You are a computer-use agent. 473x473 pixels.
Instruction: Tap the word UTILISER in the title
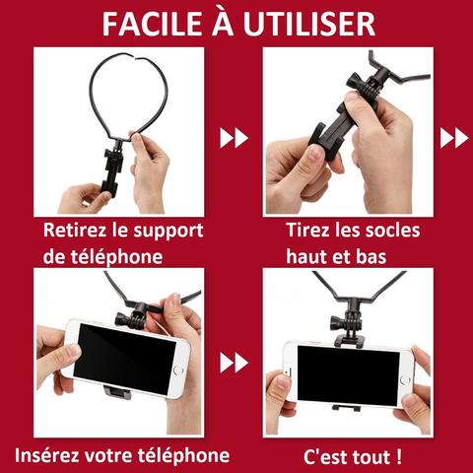click(x=308, y=24)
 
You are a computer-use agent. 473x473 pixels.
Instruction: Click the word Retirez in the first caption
click(x=74, y=231)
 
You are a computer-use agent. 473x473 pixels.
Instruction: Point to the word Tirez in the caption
click(x=308, y=230)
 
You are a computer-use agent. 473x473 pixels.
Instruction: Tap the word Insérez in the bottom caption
click(x=46, y=455)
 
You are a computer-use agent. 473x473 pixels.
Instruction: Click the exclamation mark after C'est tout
click(x=398, y=457)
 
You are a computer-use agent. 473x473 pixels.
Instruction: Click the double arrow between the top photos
click(x=234, y=138)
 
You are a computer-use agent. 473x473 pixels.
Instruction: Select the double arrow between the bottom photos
click(x=234, y=363)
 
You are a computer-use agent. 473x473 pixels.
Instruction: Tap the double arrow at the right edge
click(x=454, y=138)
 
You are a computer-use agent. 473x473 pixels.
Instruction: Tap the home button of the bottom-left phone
click(x=178, y=370)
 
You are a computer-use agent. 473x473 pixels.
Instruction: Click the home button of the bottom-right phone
click(x=405, y=380)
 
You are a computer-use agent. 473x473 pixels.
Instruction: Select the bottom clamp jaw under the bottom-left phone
click(x=117, y=392)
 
